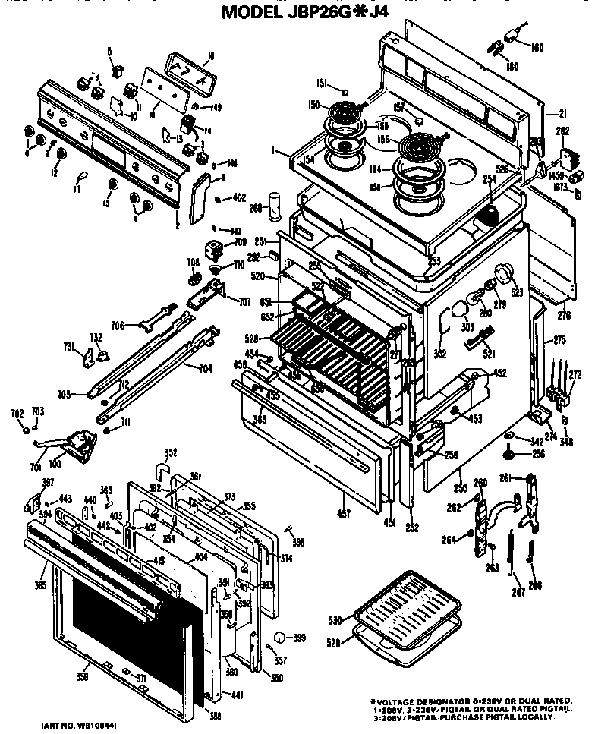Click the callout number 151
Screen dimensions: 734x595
pyautogui.click(x=321, y=83)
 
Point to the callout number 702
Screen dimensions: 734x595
pyautogui.click(x=17, y=414)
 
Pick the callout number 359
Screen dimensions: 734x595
pyautogui.click(x=83, y=677)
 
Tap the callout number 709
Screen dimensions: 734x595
pyautogui.click(x=240, y=243)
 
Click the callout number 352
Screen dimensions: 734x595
pyautogui.click(x=171, y=453)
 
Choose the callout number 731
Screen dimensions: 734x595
pyautogui.click(x=68, y=348)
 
